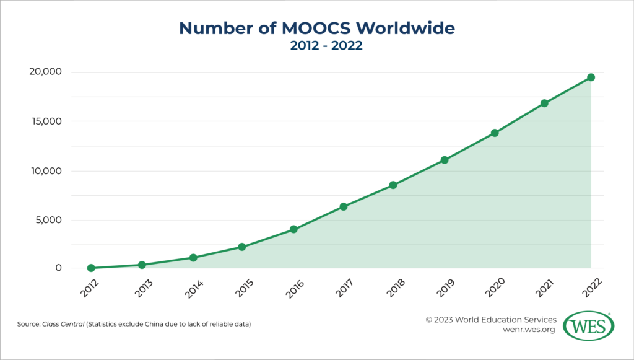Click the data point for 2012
91,268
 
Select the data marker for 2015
242,247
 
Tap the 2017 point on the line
343,206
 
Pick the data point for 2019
444,160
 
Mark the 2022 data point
591,77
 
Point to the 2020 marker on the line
495,133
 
